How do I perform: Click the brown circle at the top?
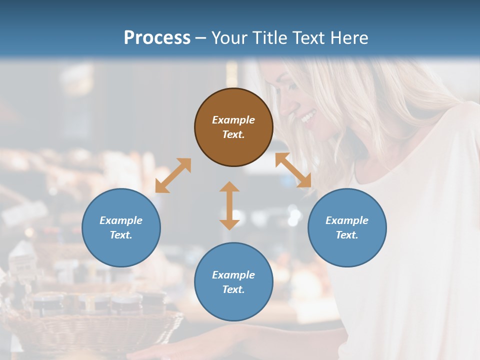233,127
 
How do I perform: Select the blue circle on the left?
121,227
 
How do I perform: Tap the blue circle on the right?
347,227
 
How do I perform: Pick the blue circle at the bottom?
233,282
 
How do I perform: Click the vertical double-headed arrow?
229,205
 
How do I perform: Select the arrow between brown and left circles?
173,175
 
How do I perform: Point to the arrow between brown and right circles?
293,170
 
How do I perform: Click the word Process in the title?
157,37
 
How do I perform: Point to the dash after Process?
201,38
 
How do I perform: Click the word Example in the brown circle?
233,120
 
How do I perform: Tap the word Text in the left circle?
121,235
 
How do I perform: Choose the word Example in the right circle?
347,220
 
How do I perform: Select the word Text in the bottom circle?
233,289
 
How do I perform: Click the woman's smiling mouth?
308,118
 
